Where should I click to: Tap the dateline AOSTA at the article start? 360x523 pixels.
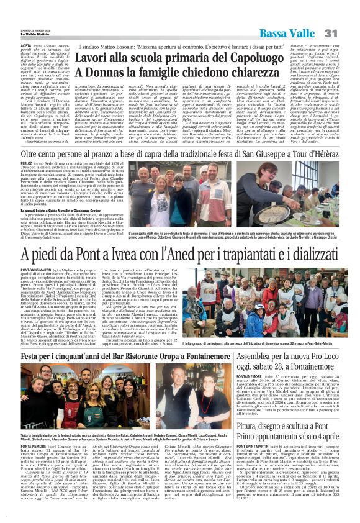tap(9, 46)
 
